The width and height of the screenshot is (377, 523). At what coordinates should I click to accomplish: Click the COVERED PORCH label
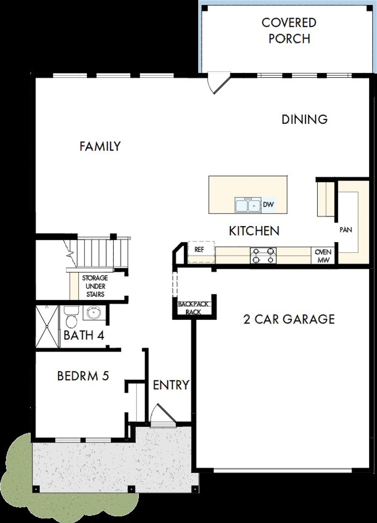point(289,31)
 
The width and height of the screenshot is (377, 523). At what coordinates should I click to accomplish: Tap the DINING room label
point(305,119)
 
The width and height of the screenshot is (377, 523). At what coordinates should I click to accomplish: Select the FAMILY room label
point(100,146)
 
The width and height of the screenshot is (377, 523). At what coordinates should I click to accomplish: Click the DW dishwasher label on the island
point(268,204)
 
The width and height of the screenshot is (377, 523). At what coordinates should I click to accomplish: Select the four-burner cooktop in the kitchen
point(263,255)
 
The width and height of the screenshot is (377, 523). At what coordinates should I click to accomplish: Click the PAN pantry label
point(346,230)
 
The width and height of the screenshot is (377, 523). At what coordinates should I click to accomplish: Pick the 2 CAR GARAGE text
point(289,319)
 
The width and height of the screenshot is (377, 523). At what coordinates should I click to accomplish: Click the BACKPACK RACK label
point(194,308)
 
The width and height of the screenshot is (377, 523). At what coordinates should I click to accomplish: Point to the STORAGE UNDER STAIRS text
point(95,286)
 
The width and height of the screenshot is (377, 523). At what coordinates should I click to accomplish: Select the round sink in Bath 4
point(93,312)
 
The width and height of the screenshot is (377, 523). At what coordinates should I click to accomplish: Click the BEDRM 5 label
point(83,376)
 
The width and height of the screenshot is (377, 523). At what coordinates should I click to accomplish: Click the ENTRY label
point(171,385)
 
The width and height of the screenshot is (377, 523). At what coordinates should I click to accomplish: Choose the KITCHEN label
point(254,231)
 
